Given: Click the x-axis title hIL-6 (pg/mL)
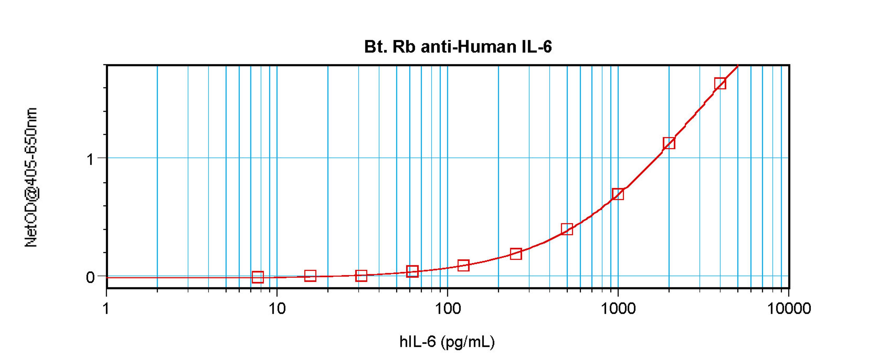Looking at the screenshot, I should click(x=447, y=342).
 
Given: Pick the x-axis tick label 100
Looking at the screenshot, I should click(x=447, y=308).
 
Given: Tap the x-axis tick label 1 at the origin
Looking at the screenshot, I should click(x=106, y=308).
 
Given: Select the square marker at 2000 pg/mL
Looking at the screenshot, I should click(x=669, y=143).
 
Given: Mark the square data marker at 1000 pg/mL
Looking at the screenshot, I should click(x=618, y=194).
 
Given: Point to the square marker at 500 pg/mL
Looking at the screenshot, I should click(x=567, y=229).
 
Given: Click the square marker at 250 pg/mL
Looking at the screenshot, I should click(x=516, y=254).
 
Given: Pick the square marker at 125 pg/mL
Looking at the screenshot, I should click(x=463, y=265).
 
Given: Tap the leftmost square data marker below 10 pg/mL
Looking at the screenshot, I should click(x=258, y=277).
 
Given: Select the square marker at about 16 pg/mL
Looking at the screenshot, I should click(x=310, y=276).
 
